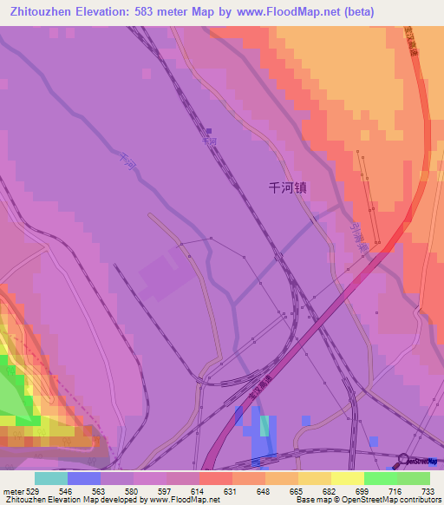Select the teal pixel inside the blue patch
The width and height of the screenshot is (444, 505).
click(264, 425)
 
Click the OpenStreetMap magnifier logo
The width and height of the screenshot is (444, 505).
click(404, 461)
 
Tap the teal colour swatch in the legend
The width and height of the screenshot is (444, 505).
click(51, 478)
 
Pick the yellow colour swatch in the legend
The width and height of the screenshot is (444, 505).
click(348, 478)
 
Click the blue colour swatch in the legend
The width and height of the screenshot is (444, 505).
click(84, 478)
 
